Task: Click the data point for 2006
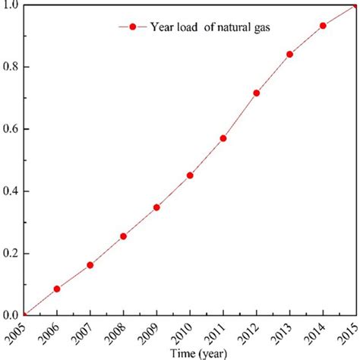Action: pyautogui.click(x=57, y=289)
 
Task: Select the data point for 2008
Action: pyautogui.click(x=124, y=236)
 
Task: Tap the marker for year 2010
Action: pyautogui.click(x=190, y=175)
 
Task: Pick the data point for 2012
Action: pyautogui.click(x=257, y=93)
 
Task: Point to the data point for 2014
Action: pyautogui.click(x=323, y=26)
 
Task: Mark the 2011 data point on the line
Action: pyautogui.click(x=223, y=138)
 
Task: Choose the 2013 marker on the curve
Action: pyautogui.click(x=290, y=55)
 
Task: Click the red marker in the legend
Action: pyautogui.click(x=133, y=27)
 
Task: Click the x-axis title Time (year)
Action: pyautogui.click(x=191, y=353)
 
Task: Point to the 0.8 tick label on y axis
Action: pyautogui.click(x=10, y=67)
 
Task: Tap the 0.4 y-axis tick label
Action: pyautogui.click(x=10, y=191)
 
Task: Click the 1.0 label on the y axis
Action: pyautogui.click(x=10, y=6)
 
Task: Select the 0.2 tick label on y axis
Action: pyautogui.click(x=10, y=253)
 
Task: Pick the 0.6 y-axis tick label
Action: pyautogui.click(x=10, y=129)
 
